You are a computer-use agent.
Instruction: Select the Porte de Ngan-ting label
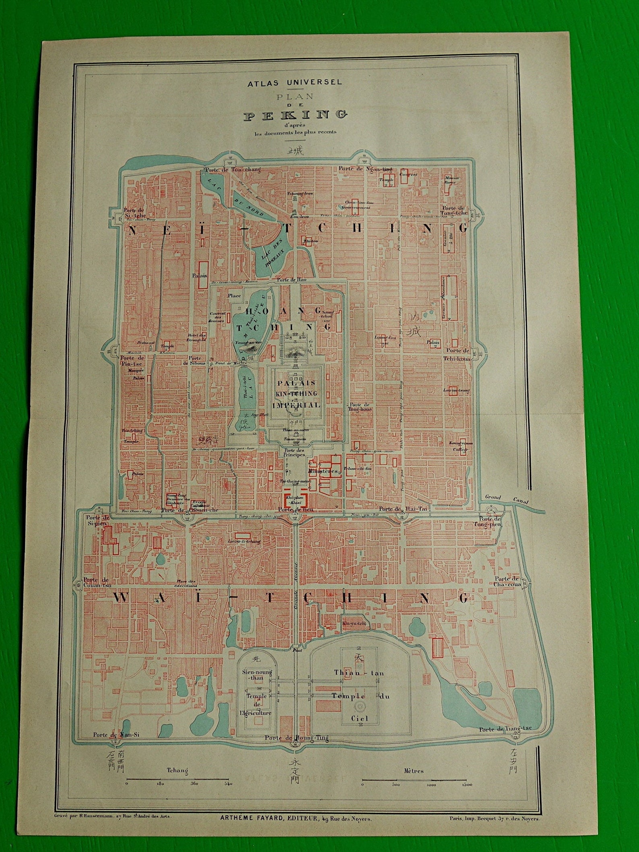[365, 169]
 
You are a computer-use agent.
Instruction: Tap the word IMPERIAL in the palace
[296, 405]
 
